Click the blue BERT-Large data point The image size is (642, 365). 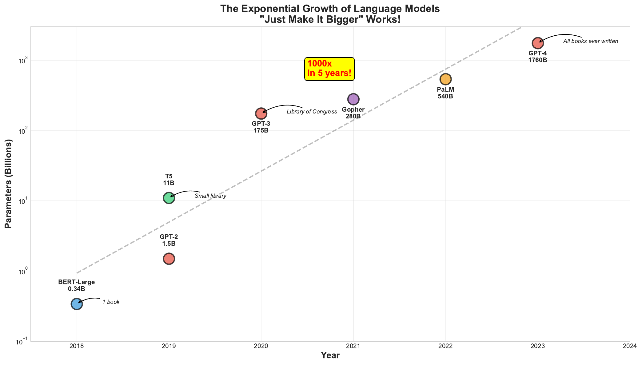coord(77,304)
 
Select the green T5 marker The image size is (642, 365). coord(169,198)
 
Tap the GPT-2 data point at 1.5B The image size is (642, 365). coord(169,259)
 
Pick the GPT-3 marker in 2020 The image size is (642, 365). coord(261,113)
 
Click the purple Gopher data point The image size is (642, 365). coord(353,99)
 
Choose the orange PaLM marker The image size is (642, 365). coord(445,79)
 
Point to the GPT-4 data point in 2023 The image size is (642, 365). coord(538,43)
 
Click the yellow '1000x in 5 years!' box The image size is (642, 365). coord(329,69)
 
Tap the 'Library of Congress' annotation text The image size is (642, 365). coord(312,112)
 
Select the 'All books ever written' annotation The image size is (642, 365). coord(591,41)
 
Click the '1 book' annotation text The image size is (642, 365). coord(111,302)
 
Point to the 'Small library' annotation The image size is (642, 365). coord(210,196)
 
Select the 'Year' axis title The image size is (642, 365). coord(330,355)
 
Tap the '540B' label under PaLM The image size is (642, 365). coord(445,96)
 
